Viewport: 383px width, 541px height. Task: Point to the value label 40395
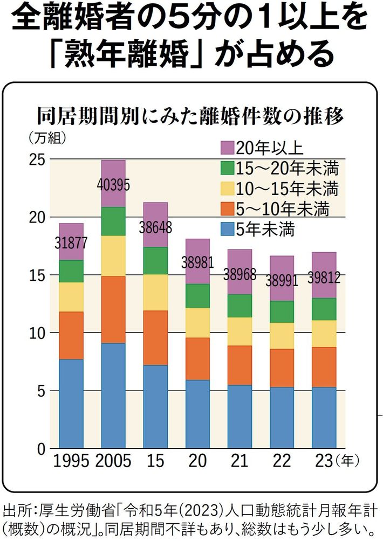pos(113,185)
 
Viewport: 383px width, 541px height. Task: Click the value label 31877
pos(71,243)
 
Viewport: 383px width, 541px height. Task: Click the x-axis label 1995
pos(71,461)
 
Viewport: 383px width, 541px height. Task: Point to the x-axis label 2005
pos(113,461)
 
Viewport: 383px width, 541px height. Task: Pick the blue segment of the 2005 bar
pos(113,396)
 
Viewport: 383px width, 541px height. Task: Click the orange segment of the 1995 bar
pos(71,335)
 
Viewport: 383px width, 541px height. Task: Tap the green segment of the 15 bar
pos(155,261)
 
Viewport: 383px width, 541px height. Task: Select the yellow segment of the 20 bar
pos(198,323)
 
